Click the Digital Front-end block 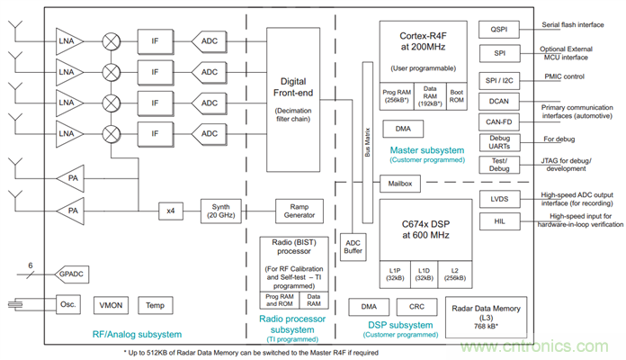tap(293, 100)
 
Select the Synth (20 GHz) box tap(220, 210)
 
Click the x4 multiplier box tap(171, 210)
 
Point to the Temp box tap(155, 305)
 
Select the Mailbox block tap(399, 183)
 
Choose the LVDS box tap(499, 198)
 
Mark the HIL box tap(499, 221)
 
